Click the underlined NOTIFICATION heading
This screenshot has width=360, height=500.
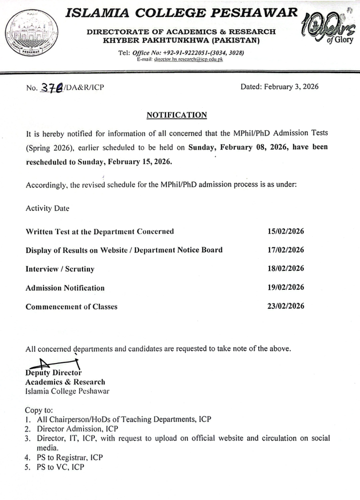coord(176,115)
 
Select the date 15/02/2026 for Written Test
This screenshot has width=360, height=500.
coord(286,231)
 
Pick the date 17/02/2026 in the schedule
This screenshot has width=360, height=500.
coord(286,250)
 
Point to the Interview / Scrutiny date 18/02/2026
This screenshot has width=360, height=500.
coord(286,269)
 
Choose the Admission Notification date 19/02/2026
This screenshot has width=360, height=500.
coord(286,287)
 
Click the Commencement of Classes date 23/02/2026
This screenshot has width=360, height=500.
coord(286,306)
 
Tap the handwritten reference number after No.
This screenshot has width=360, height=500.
coord(50,87)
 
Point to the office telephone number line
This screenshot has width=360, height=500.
coord(180,53)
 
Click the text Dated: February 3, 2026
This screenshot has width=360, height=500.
coord(279,87)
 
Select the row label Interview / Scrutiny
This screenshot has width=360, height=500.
coord(59,269)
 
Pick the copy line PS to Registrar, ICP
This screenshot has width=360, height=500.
coord(69,457)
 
